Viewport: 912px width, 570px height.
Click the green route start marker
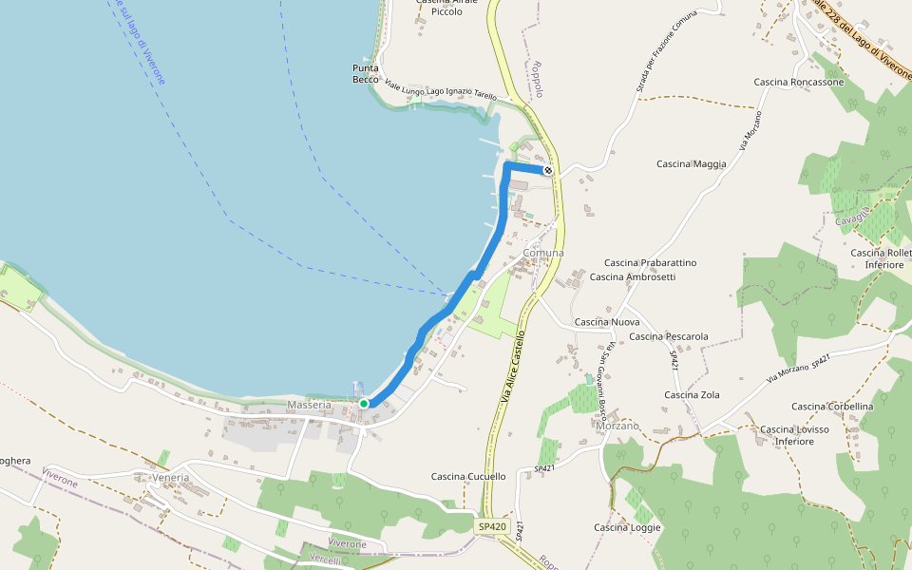click(x=364, y=404)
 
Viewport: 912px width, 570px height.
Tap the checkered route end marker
click(x=548, y=171)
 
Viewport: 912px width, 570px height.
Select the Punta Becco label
click(x=366, y=73)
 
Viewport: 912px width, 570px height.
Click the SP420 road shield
click(x=492, y=526)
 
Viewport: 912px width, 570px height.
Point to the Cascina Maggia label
click(x=691, y=164)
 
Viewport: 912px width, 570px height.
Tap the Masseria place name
click(x=309, y=406)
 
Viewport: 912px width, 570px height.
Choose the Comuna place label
click(x=543, y=253)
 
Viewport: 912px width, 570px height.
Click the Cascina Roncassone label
click(x=799, y=83)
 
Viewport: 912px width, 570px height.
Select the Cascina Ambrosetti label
click(x=633, y=277)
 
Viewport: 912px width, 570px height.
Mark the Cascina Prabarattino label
click(x=651, y=263)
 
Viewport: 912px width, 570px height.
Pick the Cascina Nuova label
click(x=607, y=322)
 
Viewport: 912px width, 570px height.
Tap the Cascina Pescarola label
click(x=669, y=336)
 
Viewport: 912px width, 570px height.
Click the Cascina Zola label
click(x=692, y=395)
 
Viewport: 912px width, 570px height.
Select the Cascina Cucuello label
click(x=468, y=477)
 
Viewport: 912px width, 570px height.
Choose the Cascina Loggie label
click(x=627, y=528)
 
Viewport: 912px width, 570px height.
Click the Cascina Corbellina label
click(x=832, y=407)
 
